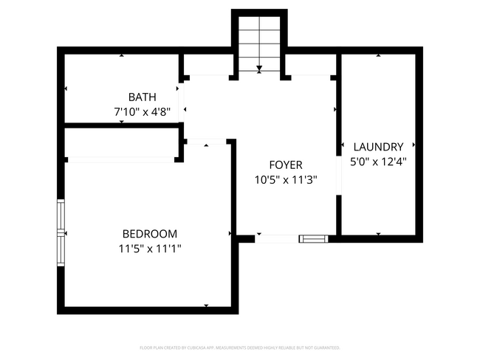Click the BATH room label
(142, 97)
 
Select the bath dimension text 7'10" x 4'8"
(142, 112)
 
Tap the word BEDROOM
(150, 232)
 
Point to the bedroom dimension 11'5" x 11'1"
(150, 249)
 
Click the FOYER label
(285, 165)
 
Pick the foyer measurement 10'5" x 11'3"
(285, 179)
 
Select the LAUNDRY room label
(378, 147)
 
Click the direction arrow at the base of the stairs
(259, 69)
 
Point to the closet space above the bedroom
(120, 142)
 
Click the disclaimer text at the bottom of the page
(239, 347)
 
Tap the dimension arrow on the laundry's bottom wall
(378, 234)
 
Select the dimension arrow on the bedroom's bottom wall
(206, 305)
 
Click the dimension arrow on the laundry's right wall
(415, 145)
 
